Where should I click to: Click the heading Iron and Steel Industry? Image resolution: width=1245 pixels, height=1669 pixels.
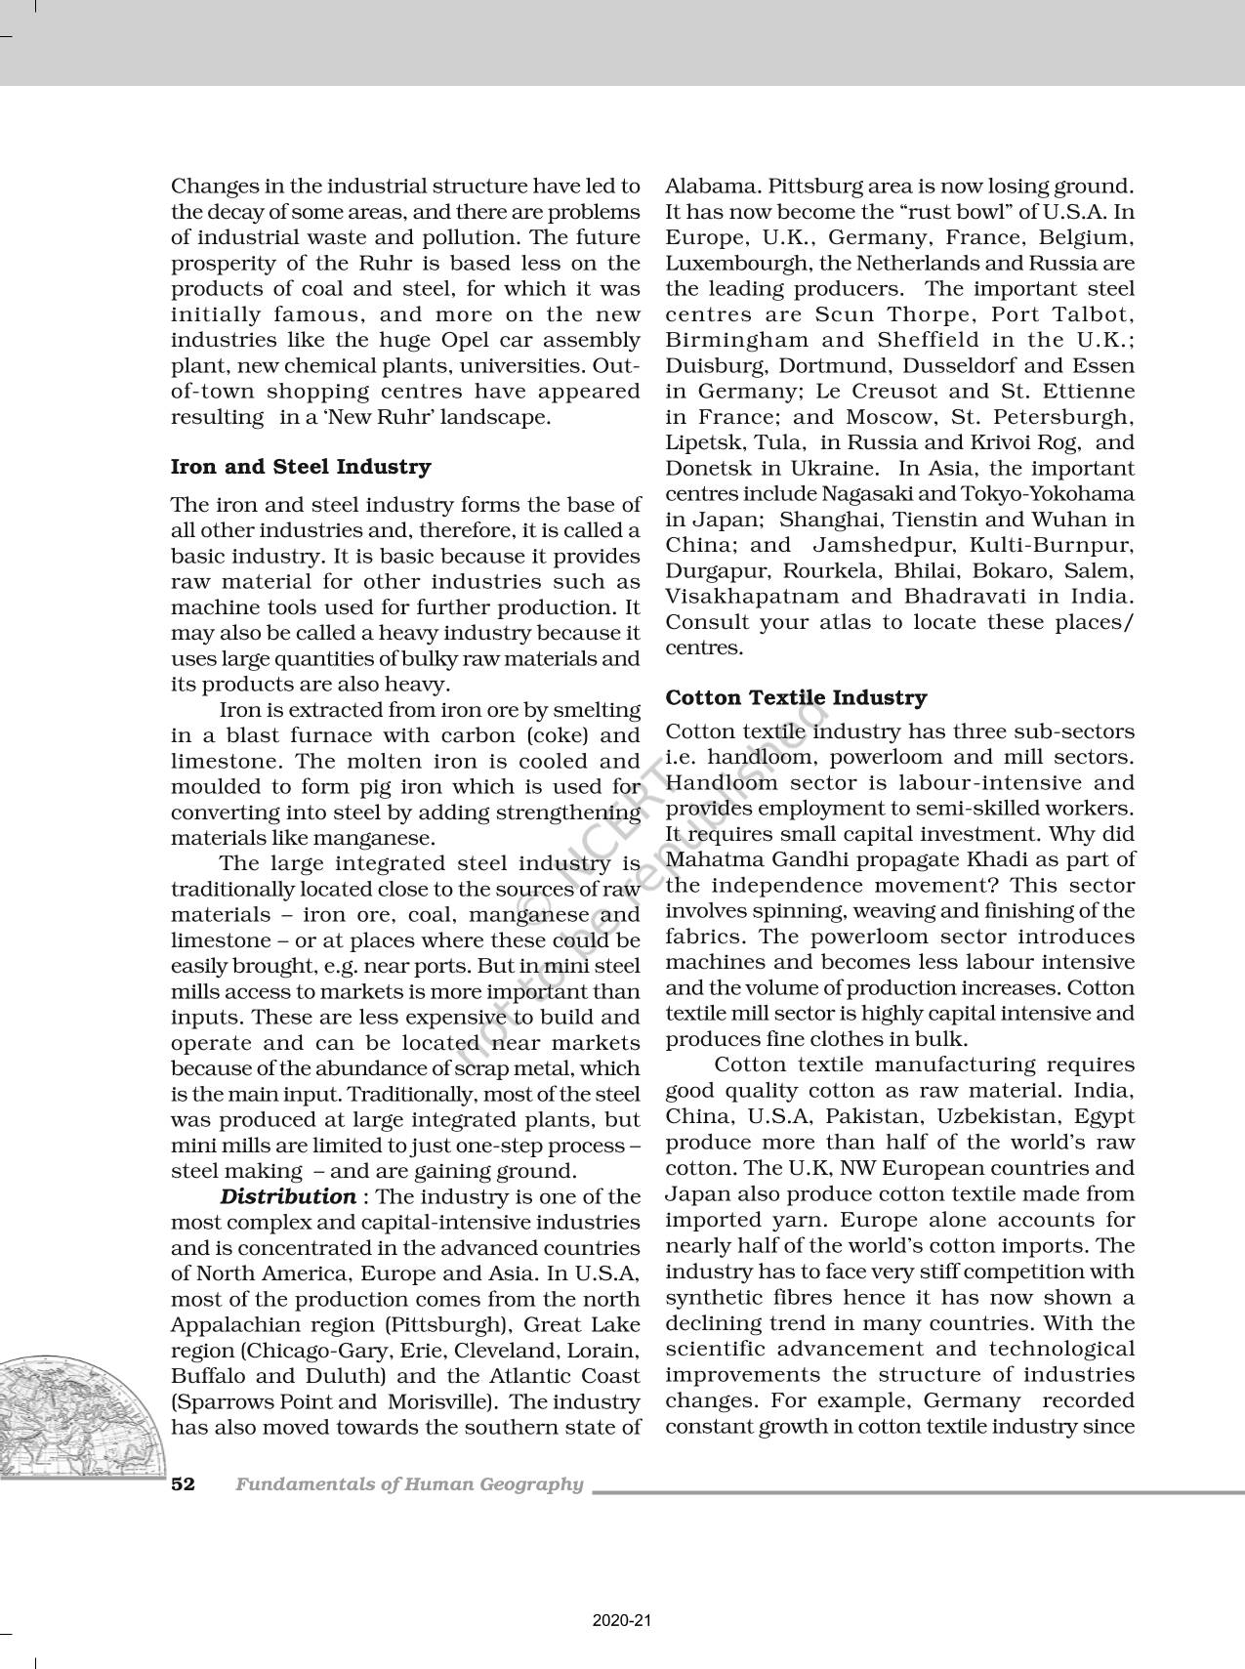click(x=301, y=467)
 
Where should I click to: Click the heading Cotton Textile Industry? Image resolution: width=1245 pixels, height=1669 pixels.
click(x=796, y=697)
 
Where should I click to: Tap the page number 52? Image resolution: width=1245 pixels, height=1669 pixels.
click(x=184, y=1484)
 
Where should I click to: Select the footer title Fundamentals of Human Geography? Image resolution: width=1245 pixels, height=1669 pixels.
click(x=409, y=1484)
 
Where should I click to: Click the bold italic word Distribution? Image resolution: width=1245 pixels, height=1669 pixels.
click(x=288, y=1196)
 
